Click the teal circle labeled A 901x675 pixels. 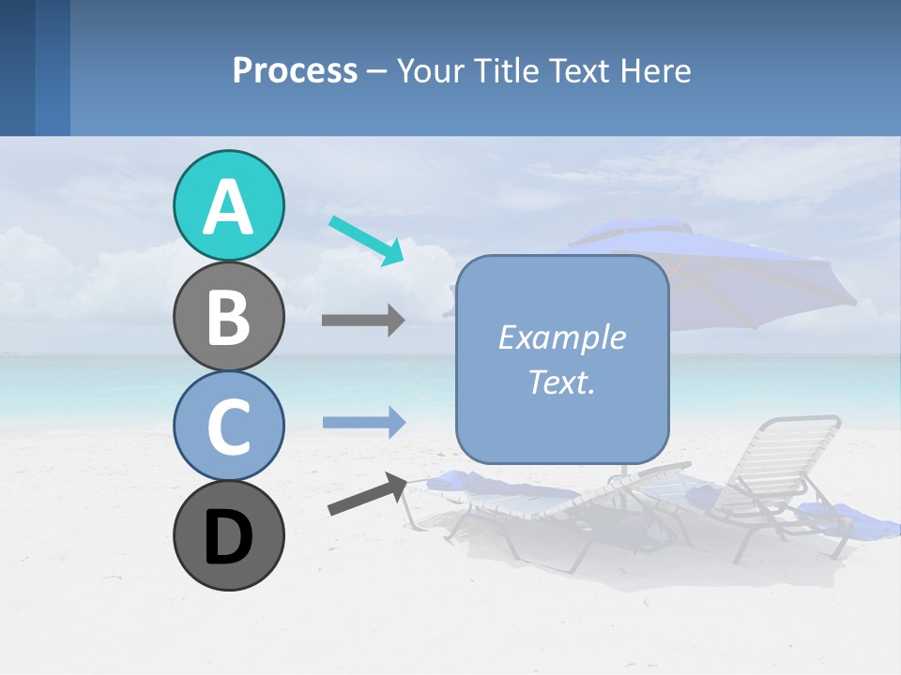point(228,205)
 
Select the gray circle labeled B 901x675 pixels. point(228,316)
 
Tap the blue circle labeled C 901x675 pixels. point(228,426)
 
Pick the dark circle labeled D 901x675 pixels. point(228,535)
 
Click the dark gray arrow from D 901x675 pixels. point(366,495)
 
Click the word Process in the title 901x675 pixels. point(295,71)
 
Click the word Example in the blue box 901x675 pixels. point(561,337)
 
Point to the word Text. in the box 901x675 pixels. point(561,382)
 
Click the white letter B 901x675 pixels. point(228,316)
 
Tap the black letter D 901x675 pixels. point(228,536)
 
